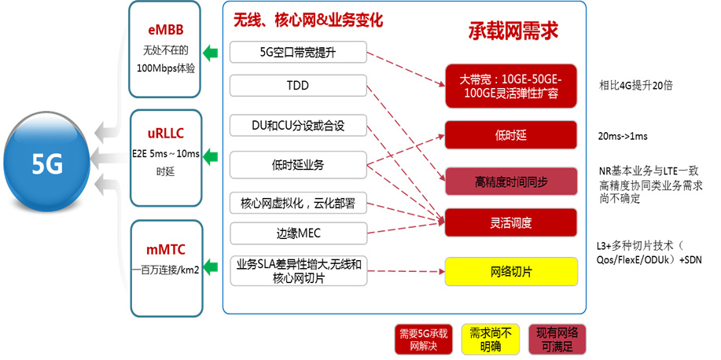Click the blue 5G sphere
(x=47, y=163)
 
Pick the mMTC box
(x=165, y=259)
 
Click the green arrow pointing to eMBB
(x=210, y=53)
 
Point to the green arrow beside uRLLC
(x=210, y=157)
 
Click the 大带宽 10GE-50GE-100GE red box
(x=510, y=86)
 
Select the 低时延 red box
(x=510, y=135)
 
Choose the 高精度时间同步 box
(x=510, y=182)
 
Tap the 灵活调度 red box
(x=510, y=222)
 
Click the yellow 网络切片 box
(x=510, y=271)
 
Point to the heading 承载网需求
(x=513, y=31)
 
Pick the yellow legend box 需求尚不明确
(x=491, y=340)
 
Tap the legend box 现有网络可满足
(x=557, y=340)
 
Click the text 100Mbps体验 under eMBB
(x=165, y=68)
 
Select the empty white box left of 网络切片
(x=298, y=272)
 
